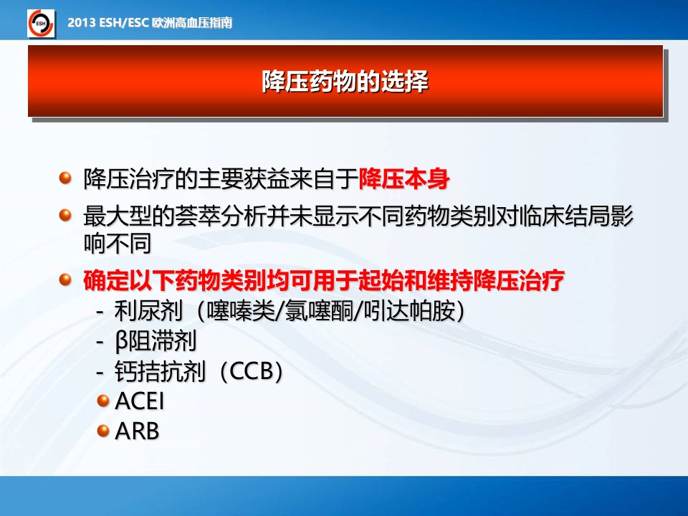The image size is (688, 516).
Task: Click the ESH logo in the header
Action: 41,23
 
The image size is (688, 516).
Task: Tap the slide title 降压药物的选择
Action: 345,81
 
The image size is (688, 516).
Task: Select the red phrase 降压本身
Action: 404,179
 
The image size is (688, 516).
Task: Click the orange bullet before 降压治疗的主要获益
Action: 65,178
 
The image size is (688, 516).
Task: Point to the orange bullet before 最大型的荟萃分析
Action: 65,216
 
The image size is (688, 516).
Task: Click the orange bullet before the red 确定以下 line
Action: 65,279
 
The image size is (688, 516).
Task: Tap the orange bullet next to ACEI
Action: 102,401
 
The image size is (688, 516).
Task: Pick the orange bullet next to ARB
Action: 102,431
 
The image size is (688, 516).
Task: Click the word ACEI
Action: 139,401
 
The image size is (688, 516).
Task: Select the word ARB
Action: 136,431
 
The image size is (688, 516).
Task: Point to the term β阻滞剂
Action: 156,341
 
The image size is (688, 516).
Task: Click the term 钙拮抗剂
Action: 160,371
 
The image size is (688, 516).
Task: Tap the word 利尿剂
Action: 148,310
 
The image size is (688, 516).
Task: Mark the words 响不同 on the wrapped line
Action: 118,243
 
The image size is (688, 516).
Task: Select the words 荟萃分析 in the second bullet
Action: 220,216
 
